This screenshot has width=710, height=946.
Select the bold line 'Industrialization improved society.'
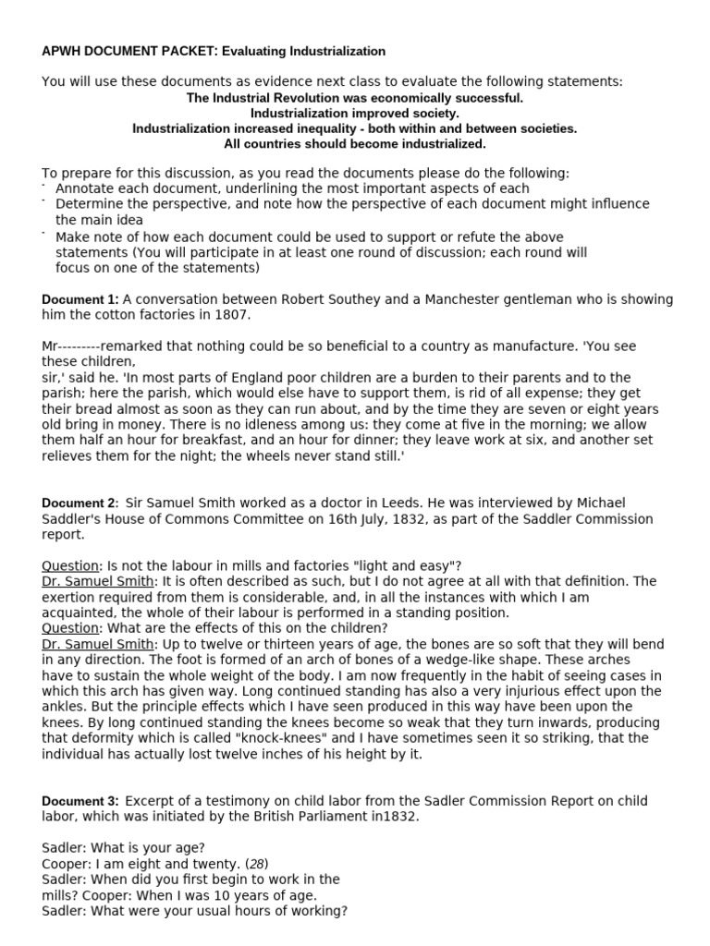click(355, 113)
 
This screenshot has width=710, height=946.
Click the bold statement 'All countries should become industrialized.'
click(355, 144)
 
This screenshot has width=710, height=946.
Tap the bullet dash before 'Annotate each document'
click(45, 186)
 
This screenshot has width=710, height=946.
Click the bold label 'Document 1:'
click(80, 299)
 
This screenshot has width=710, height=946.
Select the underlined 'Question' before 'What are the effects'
click(70, 629)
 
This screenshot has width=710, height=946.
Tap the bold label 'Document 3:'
click(80, 801)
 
